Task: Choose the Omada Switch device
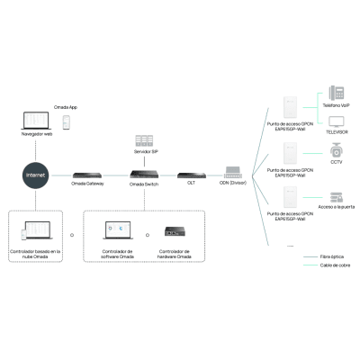point(145,173)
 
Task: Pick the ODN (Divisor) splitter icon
point(231,172)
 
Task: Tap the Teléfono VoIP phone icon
point(336,93)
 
